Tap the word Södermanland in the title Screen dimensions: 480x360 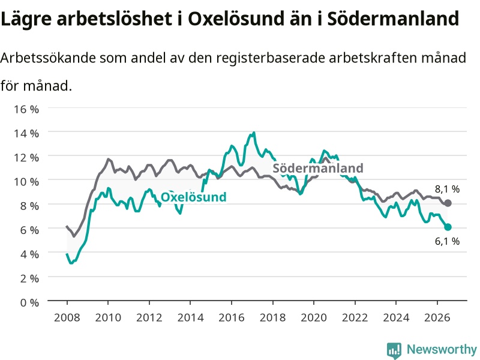pos(393,19)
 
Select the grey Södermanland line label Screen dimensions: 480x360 pos(318,168)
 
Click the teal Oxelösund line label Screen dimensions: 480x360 pos(193,197)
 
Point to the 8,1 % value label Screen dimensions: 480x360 pos(447,189)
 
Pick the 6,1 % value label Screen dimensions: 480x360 pos(447,241)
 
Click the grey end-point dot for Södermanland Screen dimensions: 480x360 pos(448,203)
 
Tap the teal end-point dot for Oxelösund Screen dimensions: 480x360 pos(448,227)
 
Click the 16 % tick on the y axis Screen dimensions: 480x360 pos(26,109)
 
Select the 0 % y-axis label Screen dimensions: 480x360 pos(29,302)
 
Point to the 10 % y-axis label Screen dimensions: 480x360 pos(26,182)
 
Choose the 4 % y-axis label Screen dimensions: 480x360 pos(29,254)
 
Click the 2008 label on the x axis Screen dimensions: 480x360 pos(67,317)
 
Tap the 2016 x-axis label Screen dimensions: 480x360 pos(232,317)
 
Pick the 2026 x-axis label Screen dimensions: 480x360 pos(437,317)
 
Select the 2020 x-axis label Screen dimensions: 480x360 pos(314,317)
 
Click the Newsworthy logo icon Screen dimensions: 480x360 pos(394,350)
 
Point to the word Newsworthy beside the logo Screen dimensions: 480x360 pos(442,349)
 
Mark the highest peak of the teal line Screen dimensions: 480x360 pos(254,133)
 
